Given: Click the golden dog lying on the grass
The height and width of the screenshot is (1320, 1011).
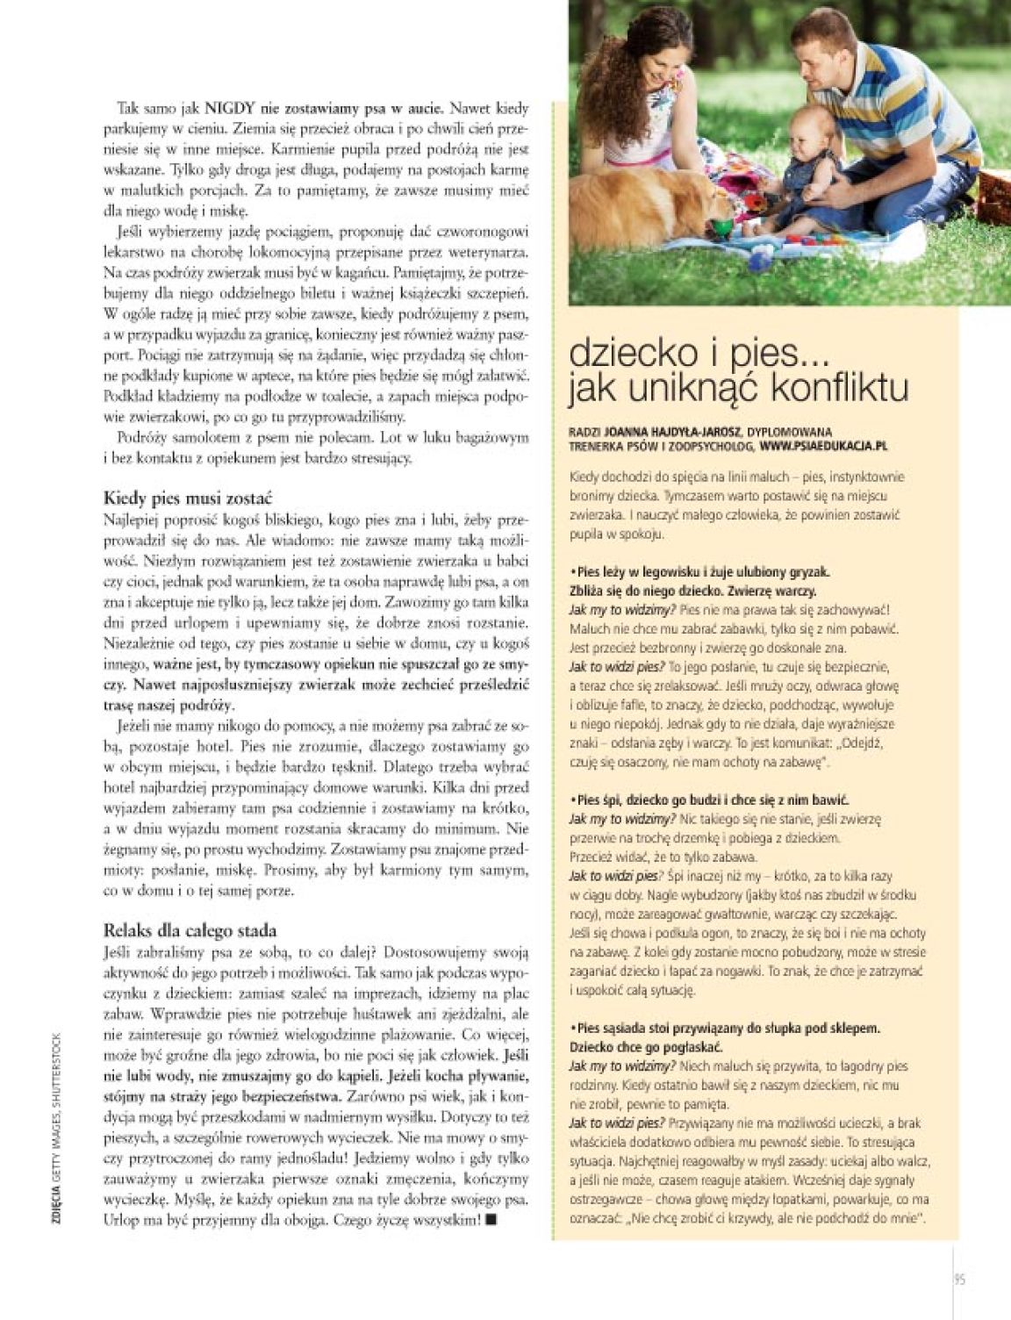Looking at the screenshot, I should click(667, 206).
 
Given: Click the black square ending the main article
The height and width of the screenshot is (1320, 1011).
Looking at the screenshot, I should click(490, 1221).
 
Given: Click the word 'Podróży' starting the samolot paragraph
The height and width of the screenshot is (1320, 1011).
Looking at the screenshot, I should click(140, 437).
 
